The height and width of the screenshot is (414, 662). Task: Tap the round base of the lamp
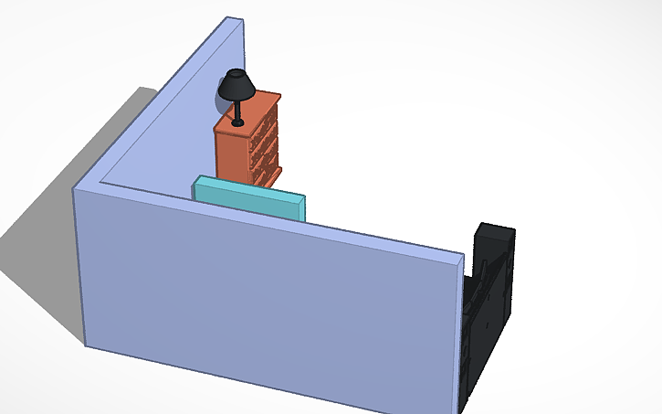(238, 122)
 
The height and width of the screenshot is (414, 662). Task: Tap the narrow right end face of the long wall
(459, 338)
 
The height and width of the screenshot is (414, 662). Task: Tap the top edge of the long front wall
(274, 219)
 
